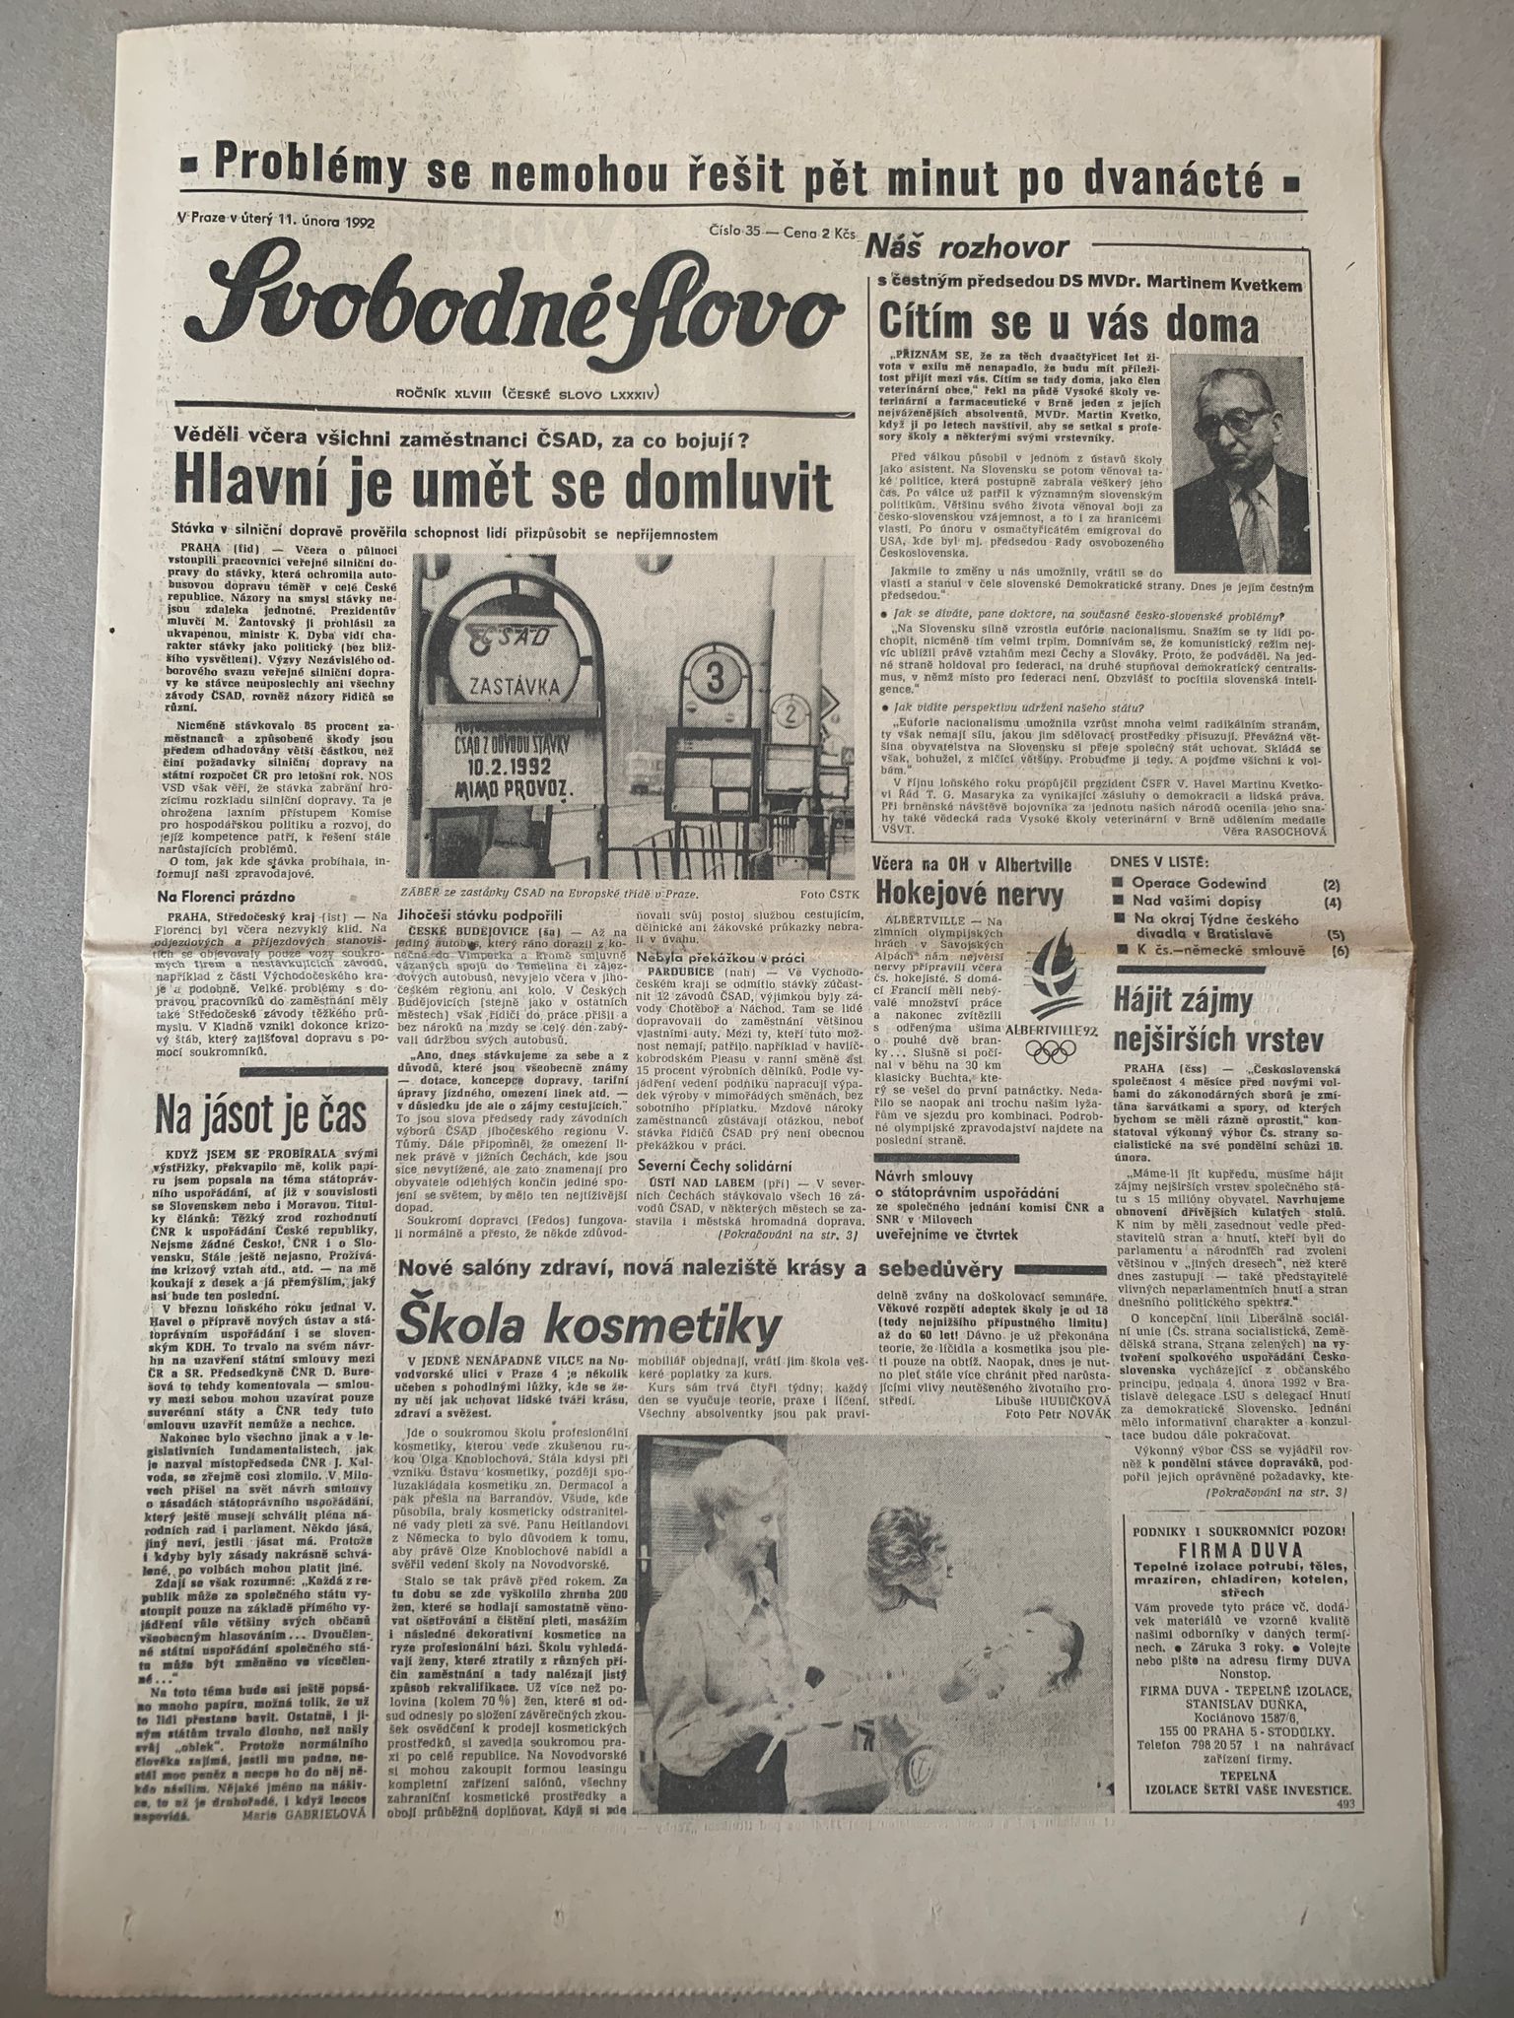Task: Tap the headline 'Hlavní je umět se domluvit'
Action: [x=502, y=486]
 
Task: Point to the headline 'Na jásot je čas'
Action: [x=261, y=1117]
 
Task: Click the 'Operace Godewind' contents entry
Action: [x=1199, y=884]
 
